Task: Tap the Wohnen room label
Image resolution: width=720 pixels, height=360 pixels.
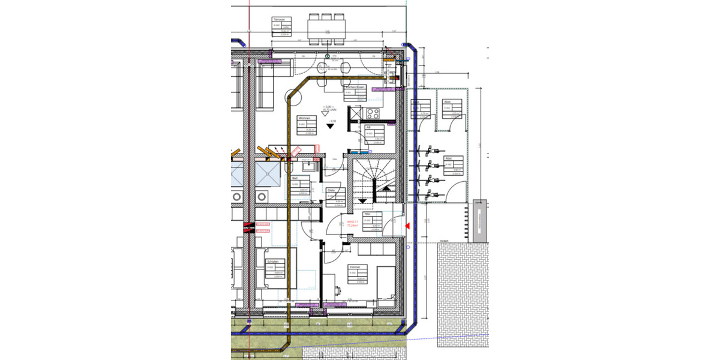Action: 304,118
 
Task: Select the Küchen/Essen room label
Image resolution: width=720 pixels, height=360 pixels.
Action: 355,87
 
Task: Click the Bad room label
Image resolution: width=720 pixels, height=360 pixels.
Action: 295,179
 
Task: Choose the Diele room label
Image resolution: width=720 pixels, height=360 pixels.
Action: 331,191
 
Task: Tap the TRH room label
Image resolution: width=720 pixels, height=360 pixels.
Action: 367,214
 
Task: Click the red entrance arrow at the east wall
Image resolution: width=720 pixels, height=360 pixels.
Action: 407,226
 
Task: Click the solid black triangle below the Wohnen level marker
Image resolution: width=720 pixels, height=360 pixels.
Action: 329,126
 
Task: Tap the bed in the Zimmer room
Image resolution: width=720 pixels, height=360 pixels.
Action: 385,282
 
